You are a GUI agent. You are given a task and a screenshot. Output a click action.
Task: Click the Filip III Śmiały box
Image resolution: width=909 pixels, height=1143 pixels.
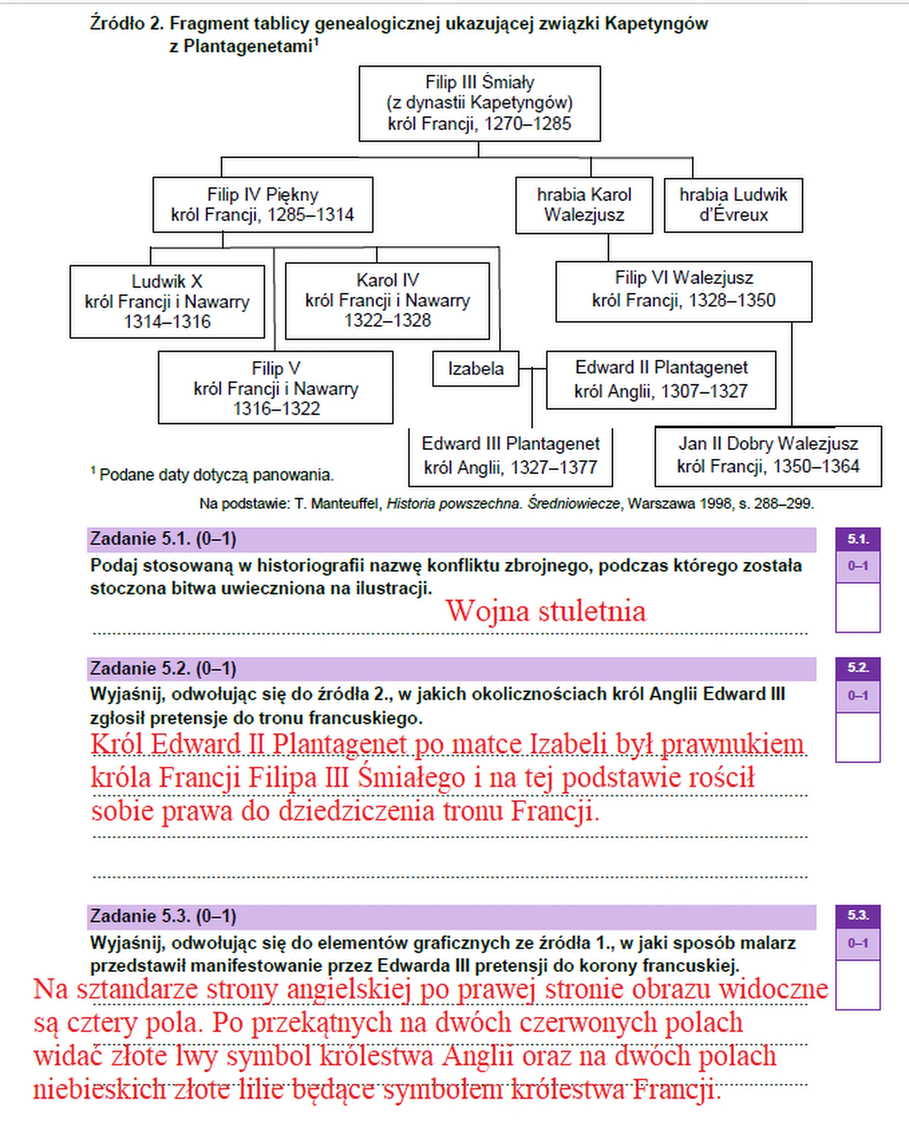pos(480,103)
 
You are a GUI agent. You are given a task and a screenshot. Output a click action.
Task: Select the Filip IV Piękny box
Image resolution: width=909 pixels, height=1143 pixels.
pos(262,204)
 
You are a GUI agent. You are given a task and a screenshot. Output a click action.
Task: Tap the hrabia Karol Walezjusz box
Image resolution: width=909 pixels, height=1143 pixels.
pos(584,205)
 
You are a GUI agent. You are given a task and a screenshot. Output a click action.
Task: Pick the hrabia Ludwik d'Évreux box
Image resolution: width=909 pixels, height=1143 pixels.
pos(733,205)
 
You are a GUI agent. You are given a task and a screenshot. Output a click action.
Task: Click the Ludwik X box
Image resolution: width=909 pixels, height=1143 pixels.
pos(167,301)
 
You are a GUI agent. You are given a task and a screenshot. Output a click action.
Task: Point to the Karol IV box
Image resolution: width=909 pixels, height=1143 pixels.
pos(387,301)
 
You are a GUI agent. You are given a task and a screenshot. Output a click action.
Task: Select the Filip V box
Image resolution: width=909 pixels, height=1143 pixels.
pos(275,388)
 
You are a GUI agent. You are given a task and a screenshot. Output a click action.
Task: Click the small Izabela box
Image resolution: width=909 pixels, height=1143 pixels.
pos(476,368)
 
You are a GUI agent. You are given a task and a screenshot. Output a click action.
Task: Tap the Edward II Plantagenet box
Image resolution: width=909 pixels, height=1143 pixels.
pos(661,380)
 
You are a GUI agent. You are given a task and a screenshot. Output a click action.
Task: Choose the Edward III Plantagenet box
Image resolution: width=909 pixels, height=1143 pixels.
pos(510,456)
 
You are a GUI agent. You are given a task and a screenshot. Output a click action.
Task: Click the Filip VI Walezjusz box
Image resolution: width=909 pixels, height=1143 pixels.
pos(684,291)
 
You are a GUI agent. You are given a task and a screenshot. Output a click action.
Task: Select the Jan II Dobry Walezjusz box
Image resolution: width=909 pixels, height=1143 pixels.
pos(768,455)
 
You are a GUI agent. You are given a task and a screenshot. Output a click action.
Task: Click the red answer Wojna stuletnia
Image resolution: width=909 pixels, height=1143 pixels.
pos(546,611)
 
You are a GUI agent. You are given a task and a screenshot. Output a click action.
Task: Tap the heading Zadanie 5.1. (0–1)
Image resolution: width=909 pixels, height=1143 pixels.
pos(163,539)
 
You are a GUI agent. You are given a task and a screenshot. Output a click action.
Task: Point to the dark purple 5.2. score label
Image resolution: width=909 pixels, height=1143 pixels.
pos(857,668)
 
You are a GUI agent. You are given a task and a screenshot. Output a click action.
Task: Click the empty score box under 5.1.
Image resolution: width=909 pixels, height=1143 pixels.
pos(857,608)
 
